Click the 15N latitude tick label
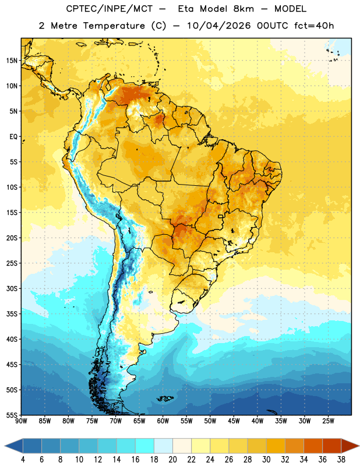(x=12, y=61)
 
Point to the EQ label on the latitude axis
(x=13, y=137)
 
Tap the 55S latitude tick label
(x=12, y=415)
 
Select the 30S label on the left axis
(x=12, y=288)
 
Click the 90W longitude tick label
(x=21, y=421)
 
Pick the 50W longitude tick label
(x=210, y=421)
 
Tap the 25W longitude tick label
(x=328, y=421)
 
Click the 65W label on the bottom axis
(x=139, y=421)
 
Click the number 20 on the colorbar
(x=172, y=460)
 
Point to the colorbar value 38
(x=341, y=460)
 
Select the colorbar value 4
(x=23, y=460)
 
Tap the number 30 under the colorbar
(x=266, y=460)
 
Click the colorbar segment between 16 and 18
(x=144, y=446)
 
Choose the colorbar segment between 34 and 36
(x=313, y=446)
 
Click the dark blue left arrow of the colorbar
(x=13, y=446)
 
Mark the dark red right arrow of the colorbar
(x=351, y=446)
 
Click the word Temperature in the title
(x=114, y=26)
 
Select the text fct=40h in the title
(x=314, y=26)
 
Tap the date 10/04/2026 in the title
(x=218, y=26)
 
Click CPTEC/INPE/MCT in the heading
(x=110, y=9)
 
